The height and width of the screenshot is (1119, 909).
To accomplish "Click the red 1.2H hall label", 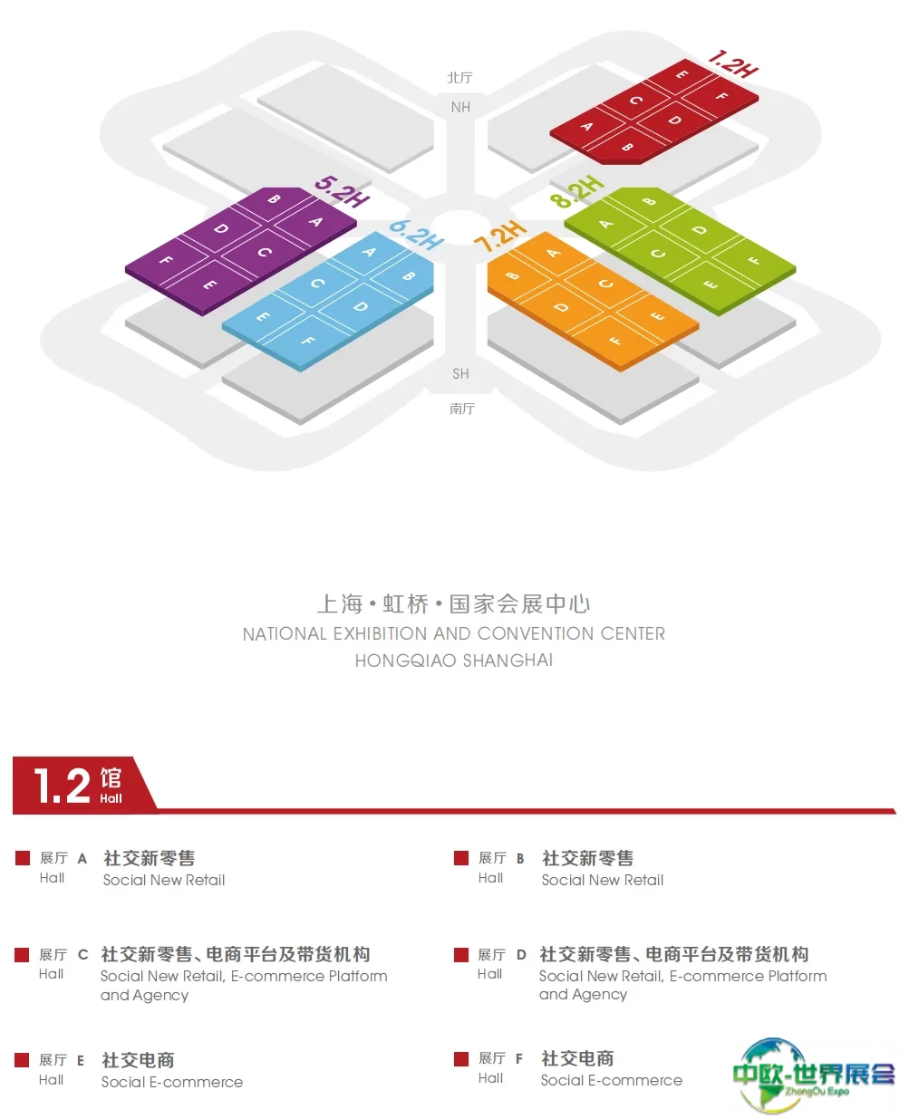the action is [x=733, y=64].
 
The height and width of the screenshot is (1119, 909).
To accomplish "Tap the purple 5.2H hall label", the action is [x=342, y=190].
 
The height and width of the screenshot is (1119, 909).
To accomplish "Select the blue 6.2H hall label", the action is [x=417, y=235].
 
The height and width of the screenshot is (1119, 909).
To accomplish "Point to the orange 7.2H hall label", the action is [x=499, y=236].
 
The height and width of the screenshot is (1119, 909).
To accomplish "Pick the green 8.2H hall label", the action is [x=577, y=191].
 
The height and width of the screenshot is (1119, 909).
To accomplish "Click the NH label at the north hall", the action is [x=460, y=107].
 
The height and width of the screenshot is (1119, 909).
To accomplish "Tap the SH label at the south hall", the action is [x=460, y=373].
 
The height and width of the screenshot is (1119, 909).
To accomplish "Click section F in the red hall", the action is [x=722, y=96].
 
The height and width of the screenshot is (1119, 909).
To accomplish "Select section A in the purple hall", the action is [x=315, y=222].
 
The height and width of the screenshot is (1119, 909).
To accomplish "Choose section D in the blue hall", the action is [x=361, y=306].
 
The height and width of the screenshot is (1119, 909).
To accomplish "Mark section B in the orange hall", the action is [x=512, y=275].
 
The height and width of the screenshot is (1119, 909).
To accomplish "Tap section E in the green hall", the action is [x=711, y=285].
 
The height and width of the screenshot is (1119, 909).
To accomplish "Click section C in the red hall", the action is [x=636, y=101].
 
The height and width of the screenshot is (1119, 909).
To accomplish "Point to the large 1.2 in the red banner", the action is [x=62, y=785].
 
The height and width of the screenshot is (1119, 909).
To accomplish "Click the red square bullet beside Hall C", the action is [x=22, y=954].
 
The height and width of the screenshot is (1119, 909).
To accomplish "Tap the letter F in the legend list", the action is [x=518, y=1058].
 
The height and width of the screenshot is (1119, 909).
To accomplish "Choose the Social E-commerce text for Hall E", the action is [x=172, y=1082].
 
